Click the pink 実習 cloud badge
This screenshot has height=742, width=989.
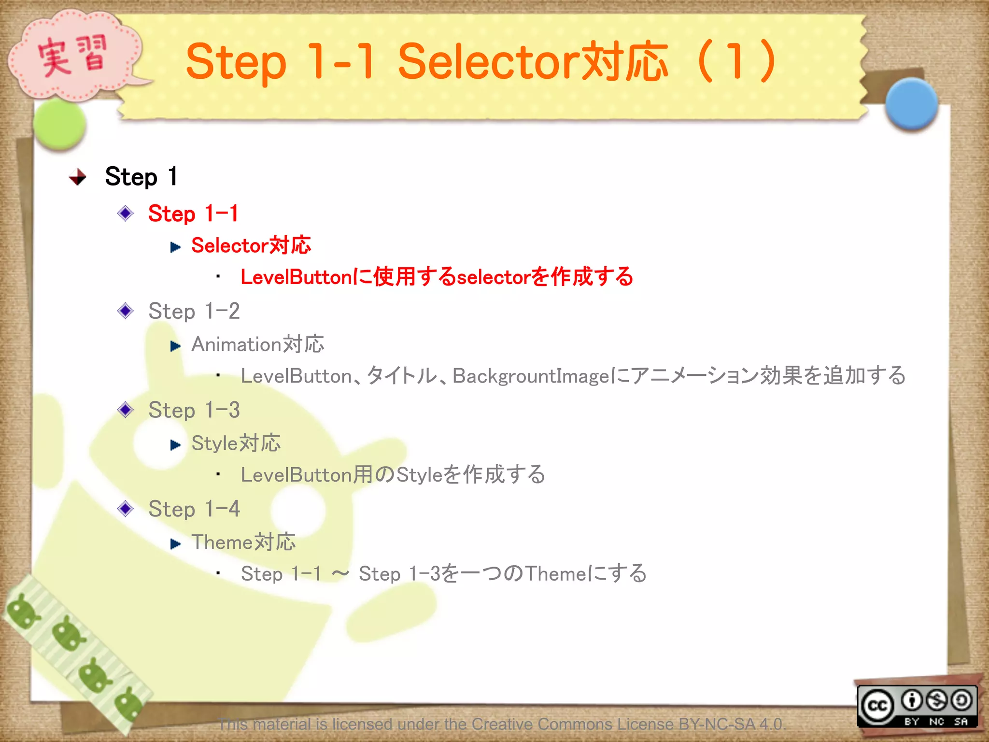click(x=72, y=56)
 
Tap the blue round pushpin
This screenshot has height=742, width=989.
click(x=911, y=103)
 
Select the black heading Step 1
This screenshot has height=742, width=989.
click(x=141, y=176)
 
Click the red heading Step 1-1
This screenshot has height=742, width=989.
click(x=193, y=214)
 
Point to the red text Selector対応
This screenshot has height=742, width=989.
click(x=251, y=245)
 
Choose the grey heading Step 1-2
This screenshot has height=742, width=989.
click(x=194, y=311)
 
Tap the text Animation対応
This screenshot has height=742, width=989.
click(x=257, y=344)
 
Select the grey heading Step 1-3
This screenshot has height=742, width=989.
click(x=194, y=410)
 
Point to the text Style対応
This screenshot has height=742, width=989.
click(x=236, y=443)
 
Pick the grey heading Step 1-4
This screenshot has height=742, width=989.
click(x=194, y=509)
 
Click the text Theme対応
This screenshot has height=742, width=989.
click(x=243, y=542)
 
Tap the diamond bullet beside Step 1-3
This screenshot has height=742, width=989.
click(x=126, y=410)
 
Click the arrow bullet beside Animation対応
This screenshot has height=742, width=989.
click(x=175, y=346)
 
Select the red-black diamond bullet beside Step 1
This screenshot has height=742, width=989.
click(x=78, y=177)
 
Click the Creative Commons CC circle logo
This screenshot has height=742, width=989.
click(x=877, y=706)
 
